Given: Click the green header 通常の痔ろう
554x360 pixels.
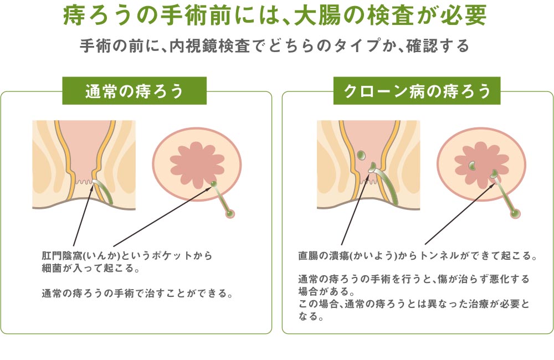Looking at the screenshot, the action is click(x=134, y=91).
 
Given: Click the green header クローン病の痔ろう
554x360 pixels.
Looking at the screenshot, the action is click(x=417, y=91).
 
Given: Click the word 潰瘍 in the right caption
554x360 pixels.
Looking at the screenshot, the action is click(x=340, y=255).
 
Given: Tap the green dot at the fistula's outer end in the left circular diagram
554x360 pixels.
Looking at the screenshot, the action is click(x=230, y=213).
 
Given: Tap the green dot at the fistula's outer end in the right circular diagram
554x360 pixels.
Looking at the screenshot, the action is click(x=515, y=213).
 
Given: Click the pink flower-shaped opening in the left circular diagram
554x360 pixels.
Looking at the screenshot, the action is click(x=197, y=165).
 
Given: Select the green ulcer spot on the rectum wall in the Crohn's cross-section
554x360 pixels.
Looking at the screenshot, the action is click(x=361, y=155).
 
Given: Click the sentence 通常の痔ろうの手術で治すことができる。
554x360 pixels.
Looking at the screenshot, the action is click(x=137, y=293).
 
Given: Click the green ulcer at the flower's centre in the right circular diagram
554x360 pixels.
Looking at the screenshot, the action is click(x=473, y=165).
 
